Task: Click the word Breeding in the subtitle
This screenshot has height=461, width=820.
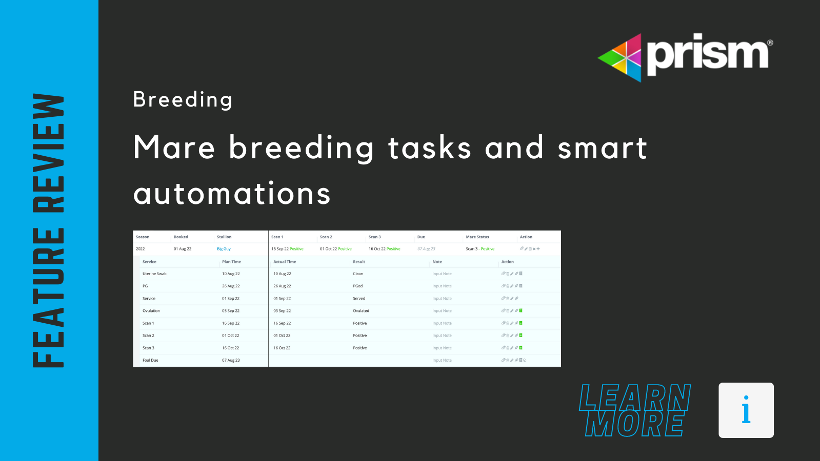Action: (x=183, y=99)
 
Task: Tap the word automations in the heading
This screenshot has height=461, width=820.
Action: (x=232, y=194)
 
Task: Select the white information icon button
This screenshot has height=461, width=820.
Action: (x=746, y=410)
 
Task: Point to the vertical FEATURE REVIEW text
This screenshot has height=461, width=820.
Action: (x=48, y=230)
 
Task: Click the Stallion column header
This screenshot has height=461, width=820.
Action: (x=224, y=237)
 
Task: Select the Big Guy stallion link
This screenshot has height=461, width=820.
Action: (x=224, y=249)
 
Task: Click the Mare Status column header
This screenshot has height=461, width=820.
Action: (x=477, y=237)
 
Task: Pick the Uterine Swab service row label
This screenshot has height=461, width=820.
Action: (x=154, y=274)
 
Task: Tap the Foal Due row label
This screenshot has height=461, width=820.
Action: (x=150, y=361)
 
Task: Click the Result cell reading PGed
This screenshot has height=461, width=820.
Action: (x=357, y=286)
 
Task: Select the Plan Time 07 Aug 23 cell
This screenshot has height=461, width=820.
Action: (x=231, y=361)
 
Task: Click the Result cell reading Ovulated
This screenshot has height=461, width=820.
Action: (x=361, y=311)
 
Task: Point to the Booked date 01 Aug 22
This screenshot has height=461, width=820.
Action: (x=182, y=249)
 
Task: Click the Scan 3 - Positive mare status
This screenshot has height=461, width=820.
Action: (x=480, y=249)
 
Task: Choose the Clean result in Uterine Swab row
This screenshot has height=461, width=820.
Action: (x=357, y=274)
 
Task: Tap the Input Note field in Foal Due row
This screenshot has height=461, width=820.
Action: (x=442, y=361)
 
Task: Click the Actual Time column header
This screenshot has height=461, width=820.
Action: (x=285, y=262)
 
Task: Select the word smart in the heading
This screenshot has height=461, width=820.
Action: (x=602, y=149)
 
